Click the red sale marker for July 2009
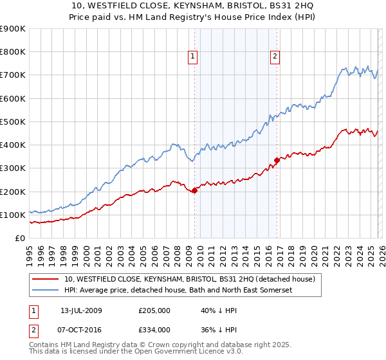[x=194, y=190]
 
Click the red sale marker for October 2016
[x=277, y=160]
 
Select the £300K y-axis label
[x=12, y=168]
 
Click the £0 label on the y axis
[x=19, y=239]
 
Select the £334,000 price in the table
[x=154, y=329]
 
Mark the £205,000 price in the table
[x=154, y=310]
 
